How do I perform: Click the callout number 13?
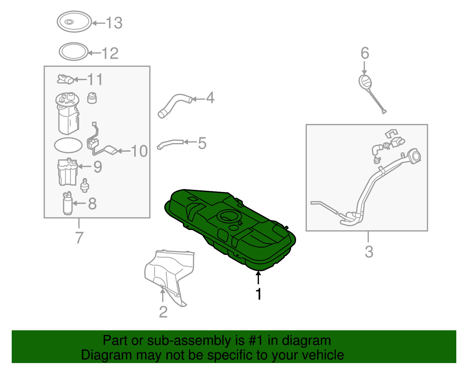pos(114,23)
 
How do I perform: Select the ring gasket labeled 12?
pos(74,52)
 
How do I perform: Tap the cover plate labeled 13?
pos(74,22)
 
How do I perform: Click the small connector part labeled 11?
pos(65,79)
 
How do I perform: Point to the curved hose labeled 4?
pos(175,105)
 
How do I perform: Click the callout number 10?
pos(139,151)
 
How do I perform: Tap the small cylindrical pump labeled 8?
pos(67,204)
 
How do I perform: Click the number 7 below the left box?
pos(79,238)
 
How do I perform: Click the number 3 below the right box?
pos(369,252)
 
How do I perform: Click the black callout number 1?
pos(258,294)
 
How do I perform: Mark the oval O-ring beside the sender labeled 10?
pos(68,145)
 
